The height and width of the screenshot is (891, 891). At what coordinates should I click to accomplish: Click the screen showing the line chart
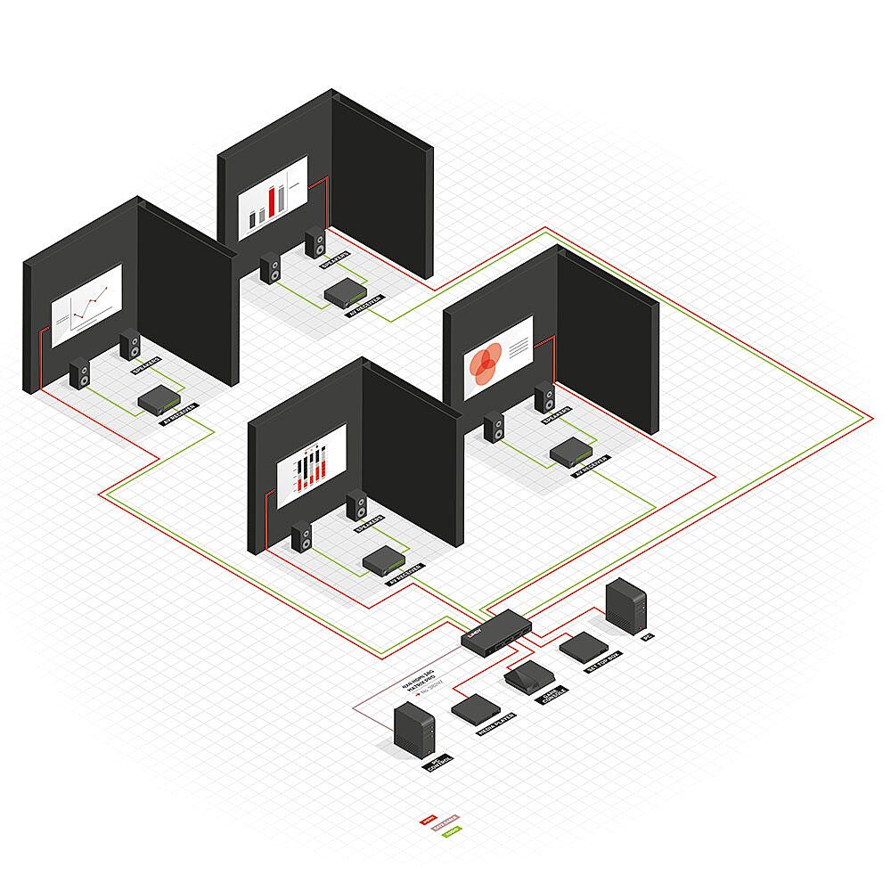(x=86, y=306)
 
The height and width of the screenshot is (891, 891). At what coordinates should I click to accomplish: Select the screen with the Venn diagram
(x=498, y=357)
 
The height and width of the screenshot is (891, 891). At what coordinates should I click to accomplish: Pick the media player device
(x=474, y=709)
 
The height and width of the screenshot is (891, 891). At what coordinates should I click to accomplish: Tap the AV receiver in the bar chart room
(x=342, y=290)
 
